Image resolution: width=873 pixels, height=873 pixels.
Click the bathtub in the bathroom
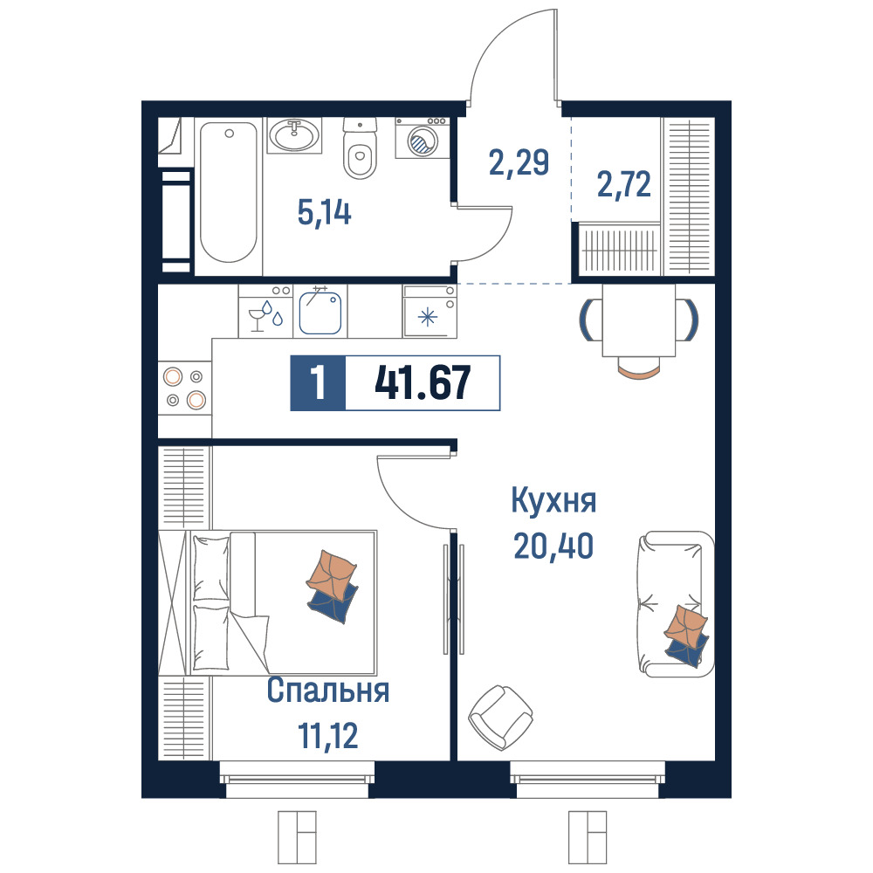(228, 192)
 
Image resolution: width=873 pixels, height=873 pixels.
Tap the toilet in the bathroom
(360, 148)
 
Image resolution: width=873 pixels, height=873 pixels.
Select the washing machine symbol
(423, 138)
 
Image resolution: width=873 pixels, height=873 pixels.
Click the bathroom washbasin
(294, 135)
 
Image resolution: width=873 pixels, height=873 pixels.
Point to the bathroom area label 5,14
(325, 213)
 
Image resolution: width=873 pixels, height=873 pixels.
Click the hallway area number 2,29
(519, 162)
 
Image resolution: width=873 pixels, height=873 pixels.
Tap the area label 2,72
(623, 185)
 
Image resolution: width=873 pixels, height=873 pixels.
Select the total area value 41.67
(423, 383)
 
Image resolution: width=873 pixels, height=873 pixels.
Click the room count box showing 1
(318, 383)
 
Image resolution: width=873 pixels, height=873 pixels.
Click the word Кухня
(553, 500)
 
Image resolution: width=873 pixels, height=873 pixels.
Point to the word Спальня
(328, 691)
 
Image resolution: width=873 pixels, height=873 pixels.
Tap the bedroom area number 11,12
(328, 735)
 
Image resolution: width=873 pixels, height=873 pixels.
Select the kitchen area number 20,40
(553, 546)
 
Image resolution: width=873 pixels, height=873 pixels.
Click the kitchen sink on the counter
(320, 313)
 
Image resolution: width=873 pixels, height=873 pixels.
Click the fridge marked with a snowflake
(430, 312)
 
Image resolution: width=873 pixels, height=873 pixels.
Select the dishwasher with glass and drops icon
(265, 312)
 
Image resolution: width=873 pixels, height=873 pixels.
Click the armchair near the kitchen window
(500, 717)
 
